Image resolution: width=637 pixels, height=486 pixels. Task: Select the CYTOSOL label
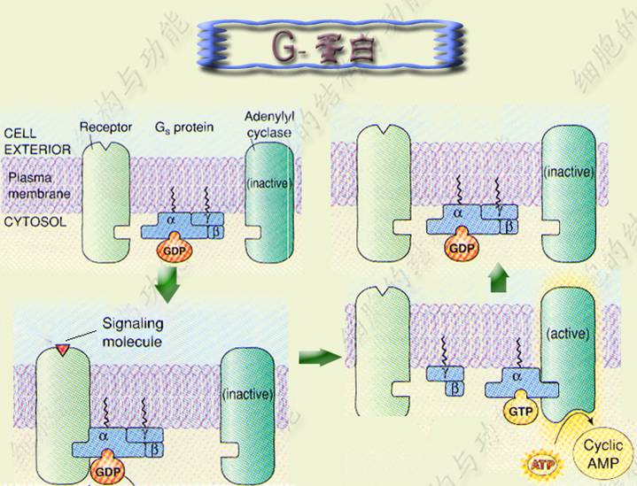35,222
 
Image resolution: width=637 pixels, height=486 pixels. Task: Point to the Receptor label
105,127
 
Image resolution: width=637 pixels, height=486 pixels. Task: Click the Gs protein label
184,127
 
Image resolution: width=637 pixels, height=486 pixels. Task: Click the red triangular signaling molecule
62,351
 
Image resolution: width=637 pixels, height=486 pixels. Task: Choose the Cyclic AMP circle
603,453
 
